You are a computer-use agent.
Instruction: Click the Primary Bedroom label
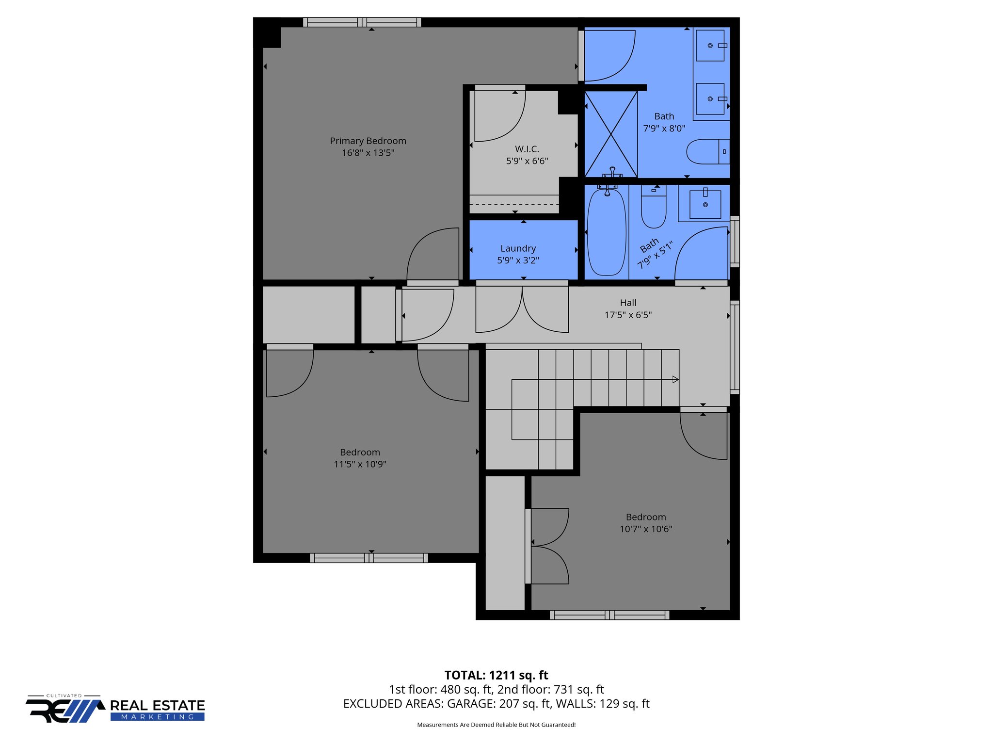pyautogui.click(x=368, y=141)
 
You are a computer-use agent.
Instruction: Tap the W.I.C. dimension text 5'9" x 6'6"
pyautogui.click(x=527, y=161)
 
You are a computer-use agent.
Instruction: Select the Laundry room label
pyautogui.click(x=518, y=248)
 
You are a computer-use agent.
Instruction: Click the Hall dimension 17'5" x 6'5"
pyautogui.click(x=627, y=315)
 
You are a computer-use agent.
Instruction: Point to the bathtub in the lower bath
pyautogui.click(x=606, y=233)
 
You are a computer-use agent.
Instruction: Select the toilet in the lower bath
pyautogui.click(x=653, y=209)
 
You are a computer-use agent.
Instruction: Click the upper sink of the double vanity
pyautogui.click(x=710, y=46)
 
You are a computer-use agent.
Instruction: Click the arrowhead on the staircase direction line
pyautogui.click(x=675, y=380)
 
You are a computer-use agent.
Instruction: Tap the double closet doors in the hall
pyautogui.click(x=522, y=310)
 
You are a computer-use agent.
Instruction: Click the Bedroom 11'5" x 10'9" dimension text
pyautogui.click(x=360, y=464)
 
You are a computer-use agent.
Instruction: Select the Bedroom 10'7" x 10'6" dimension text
pyautogui.click(x=645, y=529)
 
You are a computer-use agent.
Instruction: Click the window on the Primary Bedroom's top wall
pyautogui.click(x=362, y=22)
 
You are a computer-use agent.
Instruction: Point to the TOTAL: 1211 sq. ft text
pyautogui.click(x=496, y=675)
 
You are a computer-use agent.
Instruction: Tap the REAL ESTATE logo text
pyautogui.click(x=158, y=705)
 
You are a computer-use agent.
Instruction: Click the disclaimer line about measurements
pyautogui.click(x=496, y=725)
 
